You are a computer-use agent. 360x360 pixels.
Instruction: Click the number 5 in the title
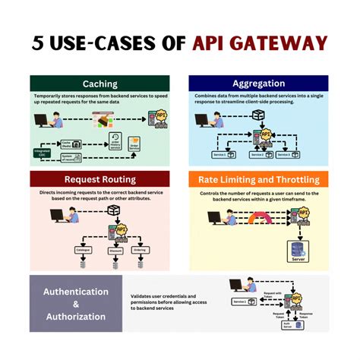37,42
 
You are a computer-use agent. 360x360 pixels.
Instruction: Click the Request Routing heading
100,179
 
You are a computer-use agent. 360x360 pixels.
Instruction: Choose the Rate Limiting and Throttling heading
259,179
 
